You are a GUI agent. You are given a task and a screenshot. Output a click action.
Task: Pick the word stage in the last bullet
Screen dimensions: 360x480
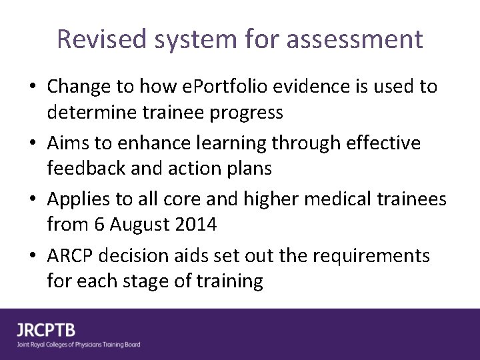point(147,281)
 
